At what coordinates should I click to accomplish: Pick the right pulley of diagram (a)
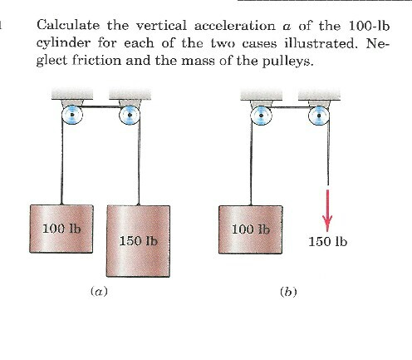point(129,116)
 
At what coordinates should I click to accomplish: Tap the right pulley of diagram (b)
point(321,116)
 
